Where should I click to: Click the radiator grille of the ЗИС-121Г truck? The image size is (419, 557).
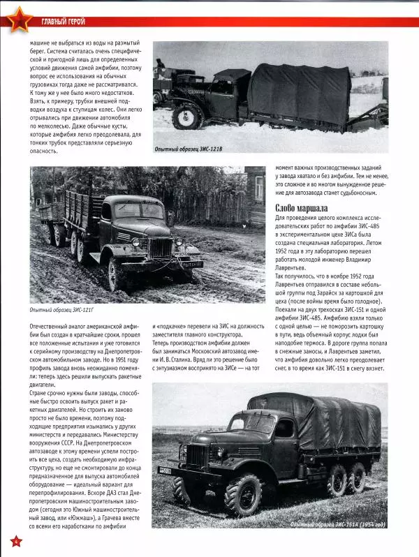(161, 248)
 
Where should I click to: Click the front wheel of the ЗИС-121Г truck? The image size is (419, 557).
(115, 272)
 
